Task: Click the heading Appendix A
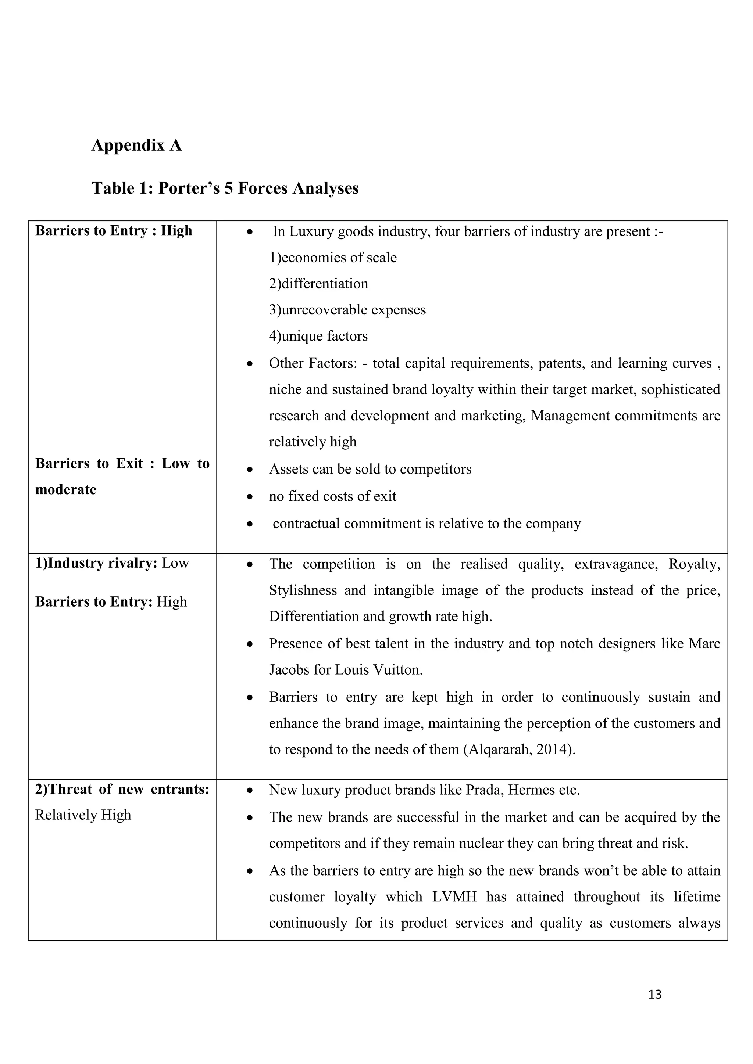coord(136,145)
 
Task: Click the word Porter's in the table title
coord(189,188)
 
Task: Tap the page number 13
coord(655,995)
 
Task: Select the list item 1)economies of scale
coord(332,258)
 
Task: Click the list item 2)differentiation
coord(318,284)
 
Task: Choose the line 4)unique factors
coord(318,336)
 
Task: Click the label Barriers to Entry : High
coord(114,231)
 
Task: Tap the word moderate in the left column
coord(66,489)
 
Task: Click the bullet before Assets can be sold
coord(250,470)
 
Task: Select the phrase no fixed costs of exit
coord(332,496)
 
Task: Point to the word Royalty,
coord(694,564)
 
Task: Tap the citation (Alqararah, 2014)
coord(519,750)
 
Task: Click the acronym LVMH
coord(454,897)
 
